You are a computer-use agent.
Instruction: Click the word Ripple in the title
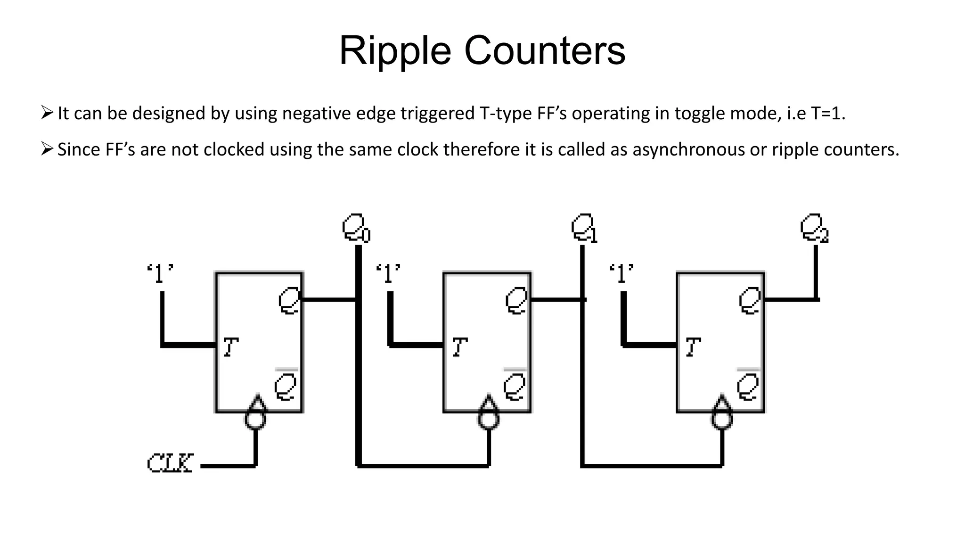[x=395, y=51]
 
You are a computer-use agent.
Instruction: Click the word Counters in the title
[x=545, y=51]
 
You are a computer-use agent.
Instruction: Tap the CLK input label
[x=170, y=463]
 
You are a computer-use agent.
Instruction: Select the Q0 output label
[x=356, y=228]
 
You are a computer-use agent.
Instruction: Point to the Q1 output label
[x=584, y=229]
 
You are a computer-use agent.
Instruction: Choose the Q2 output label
[x=814, y=229]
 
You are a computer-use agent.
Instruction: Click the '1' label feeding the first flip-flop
[x=160, y=274]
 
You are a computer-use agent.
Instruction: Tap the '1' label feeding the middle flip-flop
[x=388, y=274]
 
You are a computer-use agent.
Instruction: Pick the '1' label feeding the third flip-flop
[x=622, y=274]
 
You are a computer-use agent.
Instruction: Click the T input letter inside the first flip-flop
[x=230, y=347]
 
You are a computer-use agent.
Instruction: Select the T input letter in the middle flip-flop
[x=459, y=347]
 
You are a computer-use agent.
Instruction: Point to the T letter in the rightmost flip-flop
[x=693, y=347]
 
